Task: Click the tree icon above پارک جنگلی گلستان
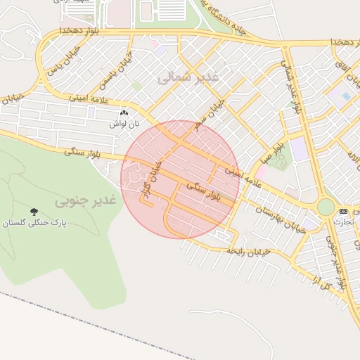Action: pos(34,212)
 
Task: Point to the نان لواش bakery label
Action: pos(124,123)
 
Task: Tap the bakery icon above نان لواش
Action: pos(125,112)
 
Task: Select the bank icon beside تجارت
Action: pos(343,211)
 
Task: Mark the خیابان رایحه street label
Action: pos(244,250)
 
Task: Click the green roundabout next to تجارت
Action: pos(326,207)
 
